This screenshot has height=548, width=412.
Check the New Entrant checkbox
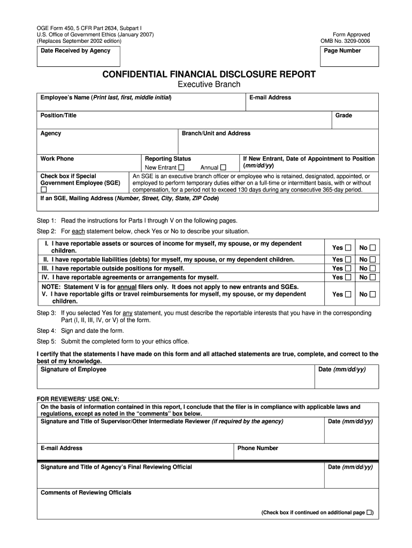(181, 168)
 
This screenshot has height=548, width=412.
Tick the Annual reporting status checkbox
(223, 168)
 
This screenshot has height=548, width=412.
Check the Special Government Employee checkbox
(44, 189)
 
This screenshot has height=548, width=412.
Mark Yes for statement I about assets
(348, 247)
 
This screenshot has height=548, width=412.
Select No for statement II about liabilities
(372, 260)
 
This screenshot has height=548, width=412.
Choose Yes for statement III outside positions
(348, 268)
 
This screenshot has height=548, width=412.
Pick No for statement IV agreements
(372, 277)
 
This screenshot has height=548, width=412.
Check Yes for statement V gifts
(348, 294)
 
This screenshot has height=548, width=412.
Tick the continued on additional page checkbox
(369, 512)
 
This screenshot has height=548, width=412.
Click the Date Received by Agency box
(79, 56)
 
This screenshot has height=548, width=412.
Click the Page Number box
(350, 56)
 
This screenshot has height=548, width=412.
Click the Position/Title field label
(58, 116)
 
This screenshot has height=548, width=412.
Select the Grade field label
(344, 116)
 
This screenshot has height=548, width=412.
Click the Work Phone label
(57, 159)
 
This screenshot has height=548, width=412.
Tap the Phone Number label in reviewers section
(258, 448)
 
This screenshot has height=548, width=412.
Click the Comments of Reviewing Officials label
(86, 492)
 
